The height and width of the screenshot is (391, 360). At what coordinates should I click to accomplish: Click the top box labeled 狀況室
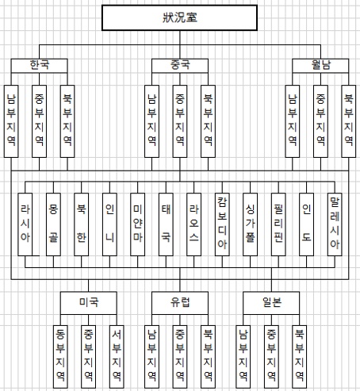point(179,17)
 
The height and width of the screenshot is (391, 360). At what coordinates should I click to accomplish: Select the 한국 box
point(39,66)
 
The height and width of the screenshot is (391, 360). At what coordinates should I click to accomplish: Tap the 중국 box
point(180,66)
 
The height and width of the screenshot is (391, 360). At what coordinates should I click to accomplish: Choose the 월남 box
point(320,66)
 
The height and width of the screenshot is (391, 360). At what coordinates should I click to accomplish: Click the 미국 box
point(89,303)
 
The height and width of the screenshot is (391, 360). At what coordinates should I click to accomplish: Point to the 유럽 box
point(180,303)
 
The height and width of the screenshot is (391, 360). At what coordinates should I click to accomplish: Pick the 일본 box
point(271,303)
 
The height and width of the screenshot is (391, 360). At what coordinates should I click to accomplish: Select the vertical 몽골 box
point(53,224)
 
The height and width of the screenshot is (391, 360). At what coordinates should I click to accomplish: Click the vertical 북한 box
point(82,224)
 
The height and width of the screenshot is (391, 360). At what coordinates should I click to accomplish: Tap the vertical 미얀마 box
point(137,224)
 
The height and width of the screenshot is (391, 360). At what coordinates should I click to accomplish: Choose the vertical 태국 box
point(166,224)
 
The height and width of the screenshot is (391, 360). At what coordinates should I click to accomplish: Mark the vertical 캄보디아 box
point(222,224)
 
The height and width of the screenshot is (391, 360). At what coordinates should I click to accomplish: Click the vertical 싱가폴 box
point(250,224)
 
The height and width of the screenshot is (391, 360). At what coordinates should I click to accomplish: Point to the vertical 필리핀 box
point(278,224)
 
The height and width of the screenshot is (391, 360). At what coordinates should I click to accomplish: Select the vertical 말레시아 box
point(335,224)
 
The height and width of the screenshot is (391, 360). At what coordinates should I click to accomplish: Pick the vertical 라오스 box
point(193,224)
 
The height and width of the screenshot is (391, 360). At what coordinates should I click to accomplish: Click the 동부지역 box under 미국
point(60,357)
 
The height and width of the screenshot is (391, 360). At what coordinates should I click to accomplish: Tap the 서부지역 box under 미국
point(117,357)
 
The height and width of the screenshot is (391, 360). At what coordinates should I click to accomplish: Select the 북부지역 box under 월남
point(348,121)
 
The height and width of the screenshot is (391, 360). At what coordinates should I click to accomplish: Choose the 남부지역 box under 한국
point(11,121)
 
